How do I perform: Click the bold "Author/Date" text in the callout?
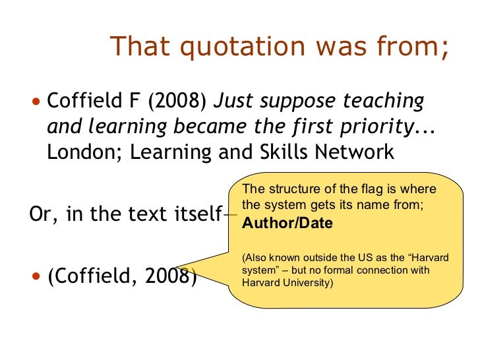(287, 223)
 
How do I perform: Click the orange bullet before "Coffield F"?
(36, 102)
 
